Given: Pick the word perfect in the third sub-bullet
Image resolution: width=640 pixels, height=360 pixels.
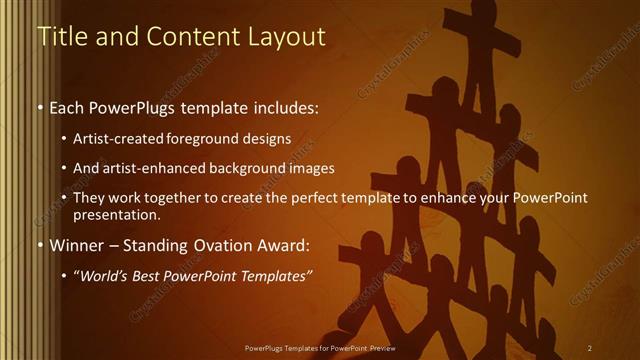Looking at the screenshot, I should tap(316, 198).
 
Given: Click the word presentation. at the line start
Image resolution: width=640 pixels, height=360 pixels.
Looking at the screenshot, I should tap(116, 214).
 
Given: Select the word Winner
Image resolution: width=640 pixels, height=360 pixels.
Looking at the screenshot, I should tap(73, 245).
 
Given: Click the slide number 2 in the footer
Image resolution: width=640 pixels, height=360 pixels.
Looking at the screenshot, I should tap(590, 347).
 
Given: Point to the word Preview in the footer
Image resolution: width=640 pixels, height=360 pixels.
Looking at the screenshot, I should tap(377, 347).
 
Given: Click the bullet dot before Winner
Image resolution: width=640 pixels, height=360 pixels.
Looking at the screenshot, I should tap(39, 246).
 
